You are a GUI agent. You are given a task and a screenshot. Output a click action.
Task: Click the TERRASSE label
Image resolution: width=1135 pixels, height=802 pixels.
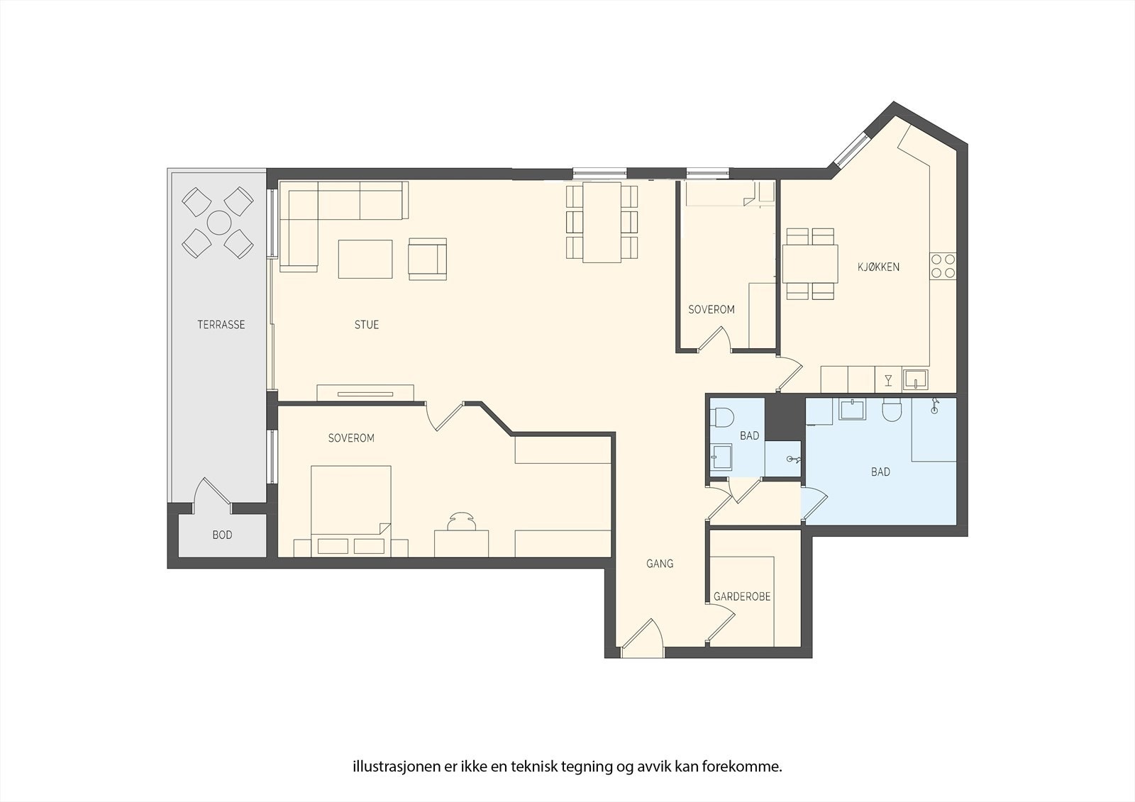(x=221, y=324)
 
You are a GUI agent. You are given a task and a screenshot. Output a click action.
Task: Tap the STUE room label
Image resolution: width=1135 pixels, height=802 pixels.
(x=366, y=324)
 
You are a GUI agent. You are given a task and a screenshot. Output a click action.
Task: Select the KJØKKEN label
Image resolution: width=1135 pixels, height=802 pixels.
(x=878, y=267)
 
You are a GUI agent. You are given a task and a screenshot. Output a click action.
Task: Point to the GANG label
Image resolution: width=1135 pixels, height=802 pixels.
(x=660, y=563)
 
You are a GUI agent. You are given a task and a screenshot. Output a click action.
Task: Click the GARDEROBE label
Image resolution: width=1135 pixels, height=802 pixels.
(x=742, y=596)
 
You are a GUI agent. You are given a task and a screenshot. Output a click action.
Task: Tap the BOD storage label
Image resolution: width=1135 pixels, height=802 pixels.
(x=222, y=535)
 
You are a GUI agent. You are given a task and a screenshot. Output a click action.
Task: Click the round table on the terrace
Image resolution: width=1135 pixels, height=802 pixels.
(x=219, y=223)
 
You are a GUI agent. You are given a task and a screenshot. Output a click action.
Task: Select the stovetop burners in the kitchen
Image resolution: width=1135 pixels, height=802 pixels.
(x=943, y=266)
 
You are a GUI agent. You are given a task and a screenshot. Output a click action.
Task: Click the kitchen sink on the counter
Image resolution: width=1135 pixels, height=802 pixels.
(x=915, y=379)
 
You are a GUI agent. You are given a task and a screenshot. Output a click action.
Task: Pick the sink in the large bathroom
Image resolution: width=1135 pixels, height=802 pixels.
(x=852, y=409)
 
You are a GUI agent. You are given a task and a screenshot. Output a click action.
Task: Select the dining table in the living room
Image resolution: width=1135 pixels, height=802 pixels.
(x=602, y=222)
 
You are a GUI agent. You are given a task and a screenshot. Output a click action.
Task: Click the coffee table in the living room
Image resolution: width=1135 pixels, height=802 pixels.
(x=365, y=259)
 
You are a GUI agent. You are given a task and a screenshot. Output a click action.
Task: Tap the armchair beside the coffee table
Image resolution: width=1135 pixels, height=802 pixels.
(x=428, y=259)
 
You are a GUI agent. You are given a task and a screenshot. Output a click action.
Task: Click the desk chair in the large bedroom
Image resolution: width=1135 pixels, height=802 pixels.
(x=462, y=521)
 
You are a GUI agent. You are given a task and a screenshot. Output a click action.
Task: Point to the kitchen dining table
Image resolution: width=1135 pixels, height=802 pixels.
(x=809, y=264)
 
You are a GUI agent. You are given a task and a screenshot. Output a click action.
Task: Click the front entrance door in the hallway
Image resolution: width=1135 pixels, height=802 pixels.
(x=643, y=640)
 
